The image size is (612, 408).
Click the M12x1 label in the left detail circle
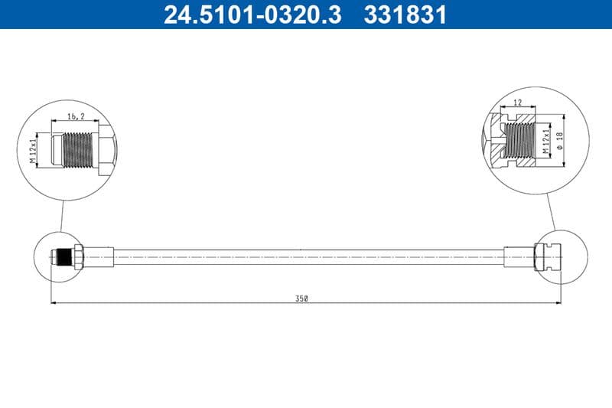tap(34, 150)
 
